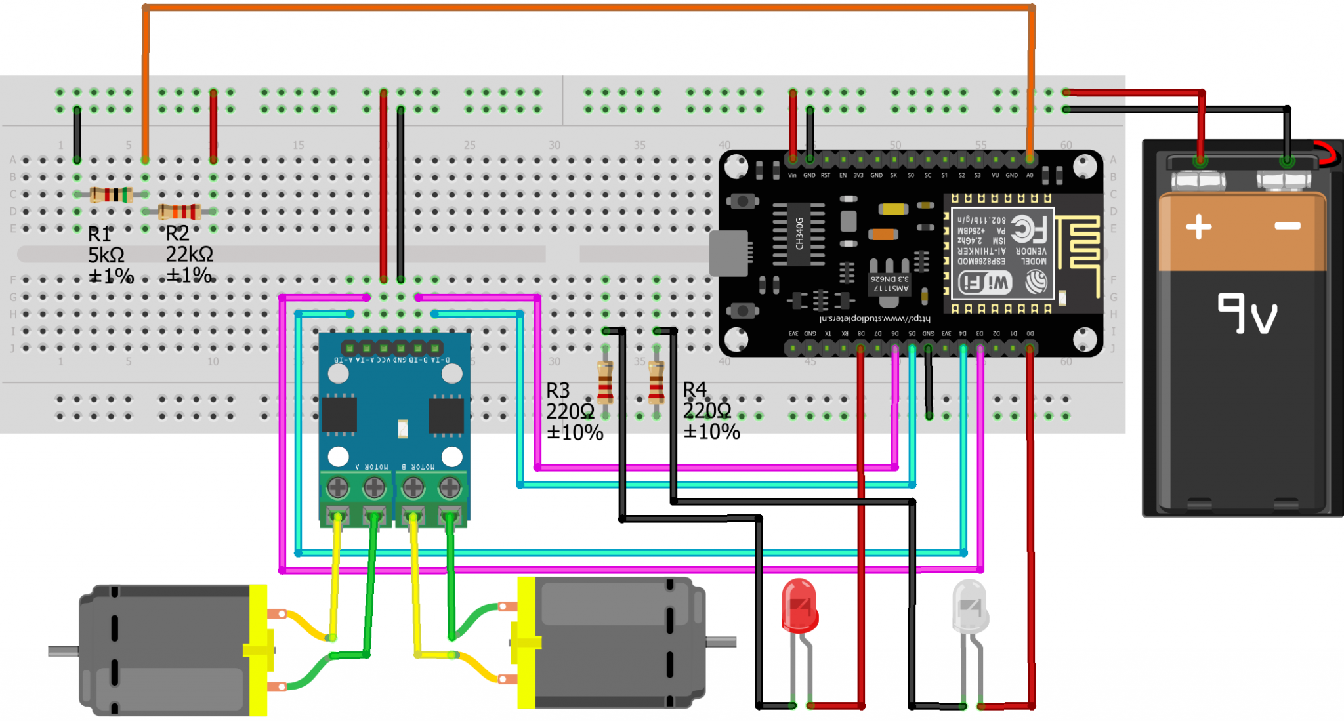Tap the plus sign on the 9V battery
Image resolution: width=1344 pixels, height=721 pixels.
(x=1198, y=227)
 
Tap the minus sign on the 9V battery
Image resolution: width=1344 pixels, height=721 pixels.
(x=1288, y=226)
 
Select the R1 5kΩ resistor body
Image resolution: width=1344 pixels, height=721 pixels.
(x=111, y=194)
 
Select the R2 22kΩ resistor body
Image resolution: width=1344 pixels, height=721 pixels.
(x=179, y=211)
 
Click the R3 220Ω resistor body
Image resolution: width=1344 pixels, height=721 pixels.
(x=605, y=382)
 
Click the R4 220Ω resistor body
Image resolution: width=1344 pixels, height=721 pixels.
(x=656, y=382)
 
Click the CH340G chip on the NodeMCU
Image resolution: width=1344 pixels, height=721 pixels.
(x=799, y=234)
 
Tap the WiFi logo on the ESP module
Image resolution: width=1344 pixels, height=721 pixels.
(x=985, y=283)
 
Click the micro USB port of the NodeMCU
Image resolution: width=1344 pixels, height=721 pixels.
(x=728, y=253)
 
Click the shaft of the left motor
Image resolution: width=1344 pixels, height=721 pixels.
(x=63, y=651)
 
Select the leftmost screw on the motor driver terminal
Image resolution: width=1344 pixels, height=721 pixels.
(x=338, y=487)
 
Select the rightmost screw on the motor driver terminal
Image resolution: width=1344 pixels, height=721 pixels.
(x=450, y=487)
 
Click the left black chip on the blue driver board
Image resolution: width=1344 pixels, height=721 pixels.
(x=339, y=415)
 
